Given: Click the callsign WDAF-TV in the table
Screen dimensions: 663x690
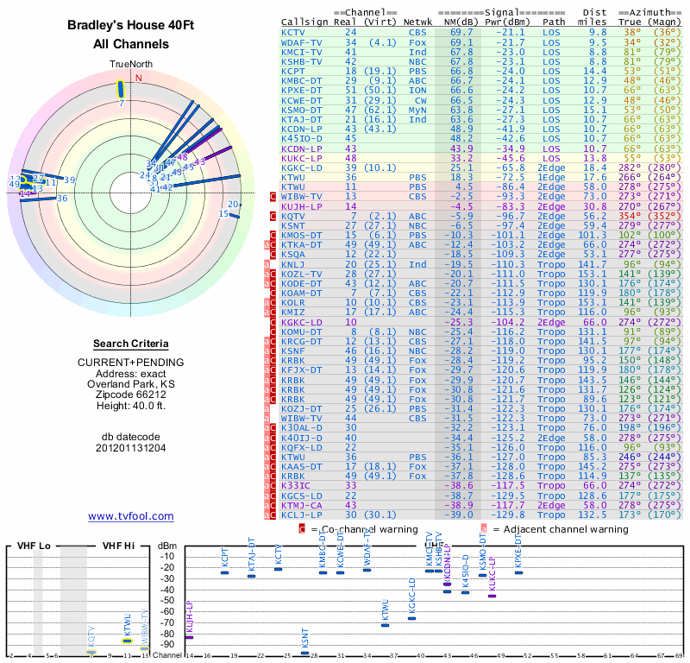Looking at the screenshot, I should (302, 41).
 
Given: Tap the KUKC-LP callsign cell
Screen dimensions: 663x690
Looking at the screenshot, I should (302, 158).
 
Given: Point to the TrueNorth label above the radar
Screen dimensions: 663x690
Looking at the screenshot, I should (130, 65).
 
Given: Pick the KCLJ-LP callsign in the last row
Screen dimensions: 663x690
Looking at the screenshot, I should (302, 515).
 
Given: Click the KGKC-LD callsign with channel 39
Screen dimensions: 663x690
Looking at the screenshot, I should (302, 167).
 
